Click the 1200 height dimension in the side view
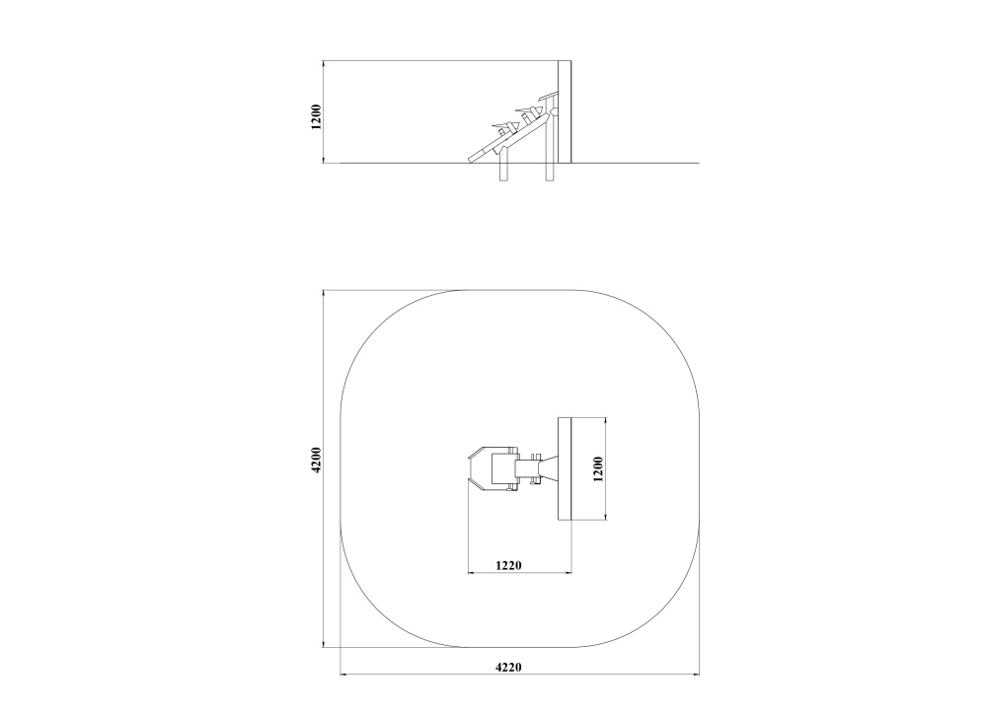[316, 116]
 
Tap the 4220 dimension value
[508, 668]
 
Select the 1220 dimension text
[508, 565]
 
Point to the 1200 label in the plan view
[598, 468]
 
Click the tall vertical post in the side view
[565, 111]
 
